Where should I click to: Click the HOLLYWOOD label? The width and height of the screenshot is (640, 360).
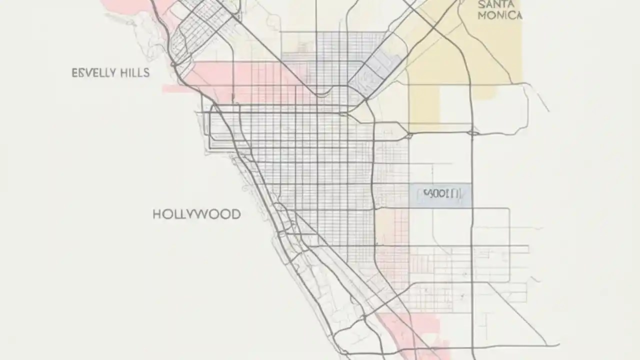[x=196, y=214]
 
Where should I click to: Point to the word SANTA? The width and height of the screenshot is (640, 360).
[x=496, y=4]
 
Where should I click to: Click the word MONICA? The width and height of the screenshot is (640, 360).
[x=500, y=15]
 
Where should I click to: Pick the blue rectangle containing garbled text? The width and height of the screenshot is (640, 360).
[x=440, y=194]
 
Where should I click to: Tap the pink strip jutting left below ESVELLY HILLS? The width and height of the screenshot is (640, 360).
[x=177, y=89]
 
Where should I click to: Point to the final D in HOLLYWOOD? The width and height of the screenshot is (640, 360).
[x=235, y=214]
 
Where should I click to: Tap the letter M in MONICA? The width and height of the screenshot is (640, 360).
[x=482, y=15]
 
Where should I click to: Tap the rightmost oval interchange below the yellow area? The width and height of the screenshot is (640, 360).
[x=472, y=133]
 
